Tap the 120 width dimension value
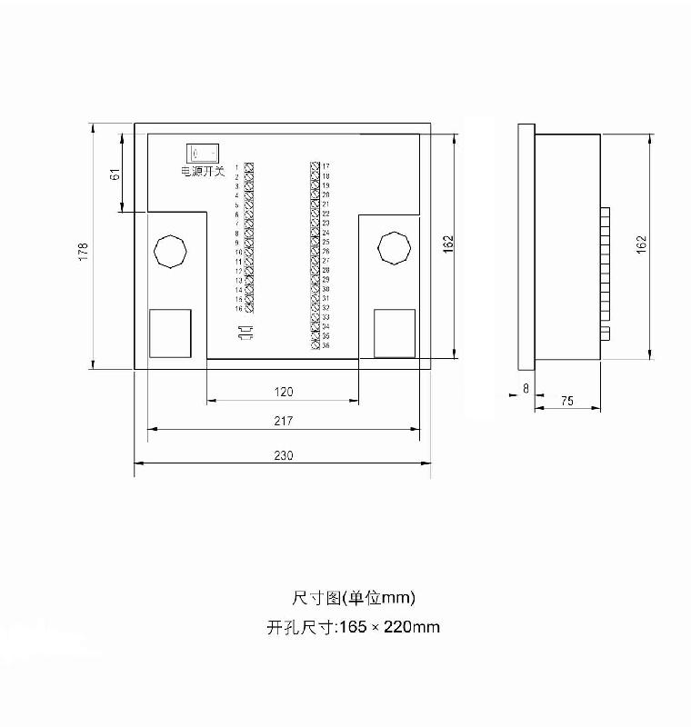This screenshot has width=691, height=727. [284, 392]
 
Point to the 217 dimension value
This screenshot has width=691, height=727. [283, 421]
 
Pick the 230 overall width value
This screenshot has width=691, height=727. [283, 456]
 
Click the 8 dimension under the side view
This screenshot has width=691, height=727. [525, 387]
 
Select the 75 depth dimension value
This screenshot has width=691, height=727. [566, 401]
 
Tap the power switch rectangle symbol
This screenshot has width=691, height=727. [201, 153]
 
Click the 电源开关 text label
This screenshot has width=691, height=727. [202, 171]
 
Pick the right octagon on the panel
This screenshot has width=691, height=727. [394, 248]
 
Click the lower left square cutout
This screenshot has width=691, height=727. [170, 333]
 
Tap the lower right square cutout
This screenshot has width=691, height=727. [395, 333]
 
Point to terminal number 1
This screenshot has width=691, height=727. [237, 167]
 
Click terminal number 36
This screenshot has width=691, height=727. [325, 345]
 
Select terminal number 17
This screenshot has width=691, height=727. [325, 166]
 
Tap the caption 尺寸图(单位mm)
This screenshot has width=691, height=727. [353, 597]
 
